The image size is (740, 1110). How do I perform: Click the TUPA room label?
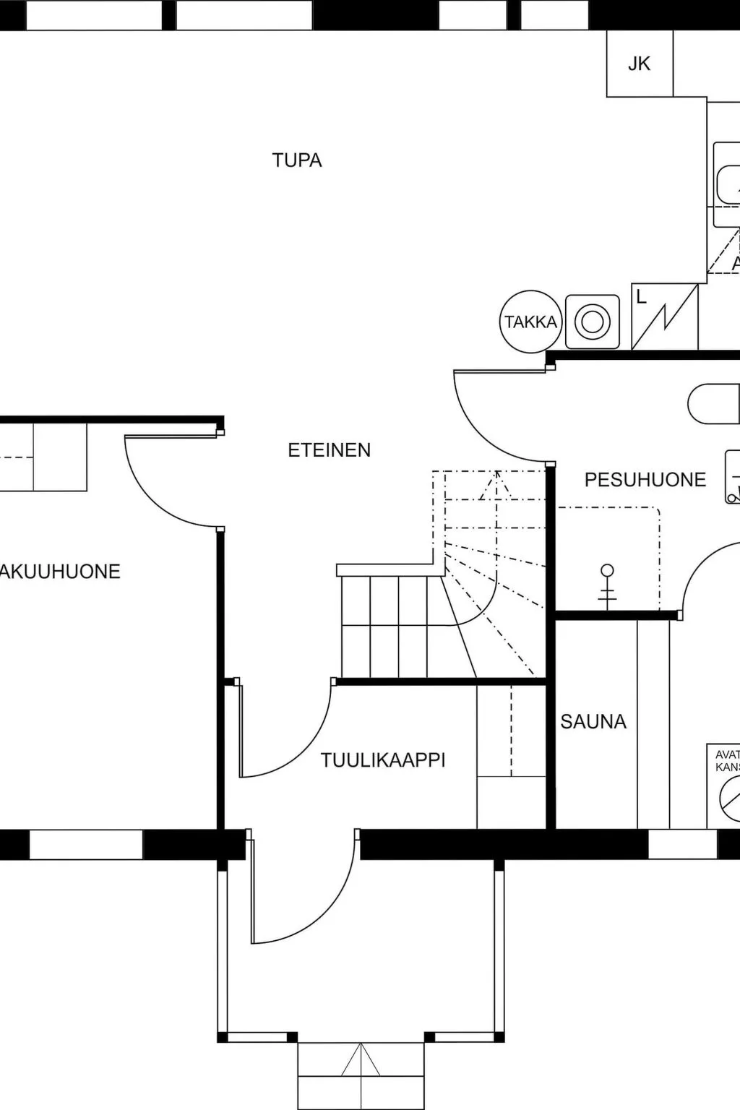pos(296,160)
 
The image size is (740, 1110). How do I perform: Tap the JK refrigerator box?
pos(640,64)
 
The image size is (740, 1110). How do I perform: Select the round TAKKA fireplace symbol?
pos(530,322)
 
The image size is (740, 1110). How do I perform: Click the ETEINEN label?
pos(329,450)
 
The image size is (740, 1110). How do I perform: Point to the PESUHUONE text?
pos(645,480)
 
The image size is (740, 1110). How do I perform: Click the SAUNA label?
pos(593,721)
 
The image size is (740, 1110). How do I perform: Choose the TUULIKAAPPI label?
pos(383,760)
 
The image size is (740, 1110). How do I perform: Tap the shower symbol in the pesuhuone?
pos(608,585)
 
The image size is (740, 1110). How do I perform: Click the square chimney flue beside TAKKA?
pos(592,321)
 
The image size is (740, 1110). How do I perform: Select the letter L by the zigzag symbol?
pos(641,297)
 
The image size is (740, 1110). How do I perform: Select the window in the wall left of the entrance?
pos(86,844)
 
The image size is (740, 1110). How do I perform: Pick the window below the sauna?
pos(682,844)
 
